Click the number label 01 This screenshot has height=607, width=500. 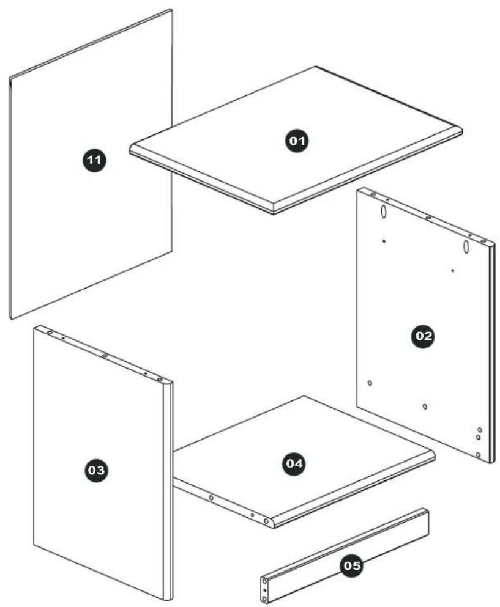click(297, 141)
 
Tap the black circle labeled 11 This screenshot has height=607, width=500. click(94, 160)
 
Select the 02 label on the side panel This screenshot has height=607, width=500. click(423, 336)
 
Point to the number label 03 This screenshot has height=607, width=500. click(96, 470)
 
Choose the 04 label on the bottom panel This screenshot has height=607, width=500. click(294, 463)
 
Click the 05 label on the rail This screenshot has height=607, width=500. click(352, 566)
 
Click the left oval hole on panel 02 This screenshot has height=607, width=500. click(383, 212)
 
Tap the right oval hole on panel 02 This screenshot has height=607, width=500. click(466, 247)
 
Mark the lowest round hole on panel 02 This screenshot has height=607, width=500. click(478, 455)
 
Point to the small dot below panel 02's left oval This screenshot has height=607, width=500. click(384, 241)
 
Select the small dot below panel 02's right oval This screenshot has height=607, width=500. click(452, 271)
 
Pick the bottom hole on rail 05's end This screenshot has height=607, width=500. click(265, 599)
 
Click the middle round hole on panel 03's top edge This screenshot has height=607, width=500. click(104, 355)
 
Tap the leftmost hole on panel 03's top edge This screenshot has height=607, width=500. click(50, 332)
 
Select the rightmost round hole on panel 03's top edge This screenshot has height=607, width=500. click(159, 379)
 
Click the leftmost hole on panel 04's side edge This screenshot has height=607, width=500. click(211, 498)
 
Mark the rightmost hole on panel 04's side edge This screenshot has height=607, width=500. click(266, 521)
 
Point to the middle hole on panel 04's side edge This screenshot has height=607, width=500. click(252, 515)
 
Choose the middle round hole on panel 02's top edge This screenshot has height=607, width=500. click(428, 218)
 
